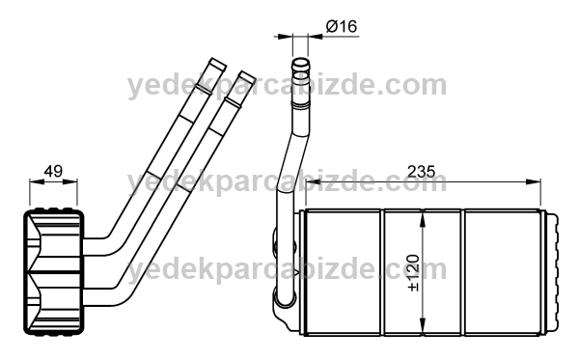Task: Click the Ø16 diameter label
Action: click(x=342, y=26)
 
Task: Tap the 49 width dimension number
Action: click(x=53, y=172)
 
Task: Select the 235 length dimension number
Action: click(x=422, y=172)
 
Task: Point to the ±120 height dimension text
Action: click(x=414, y=273)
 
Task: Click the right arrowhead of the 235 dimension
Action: click(x=534, y=181)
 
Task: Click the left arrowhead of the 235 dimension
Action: click(x=313, y=181)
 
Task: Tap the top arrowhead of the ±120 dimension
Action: click(x=423, y=218)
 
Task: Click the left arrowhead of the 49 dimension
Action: click(x=37, y=181)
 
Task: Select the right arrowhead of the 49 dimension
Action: click(x=70, y=181)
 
